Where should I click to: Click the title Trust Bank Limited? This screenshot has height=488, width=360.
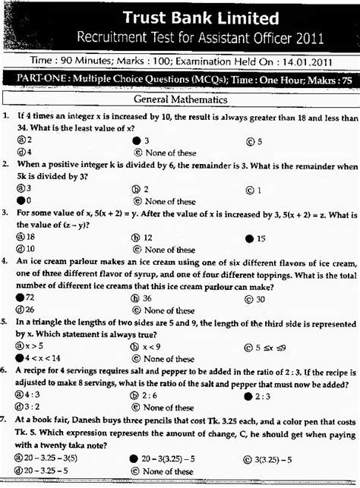202,18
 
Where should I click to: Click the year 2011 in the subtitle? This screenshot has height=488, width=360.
309,37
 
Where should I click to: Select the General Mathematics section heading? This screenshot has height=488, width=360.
180,99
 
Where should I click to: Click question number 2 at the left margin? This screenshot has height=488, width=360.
6,165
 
